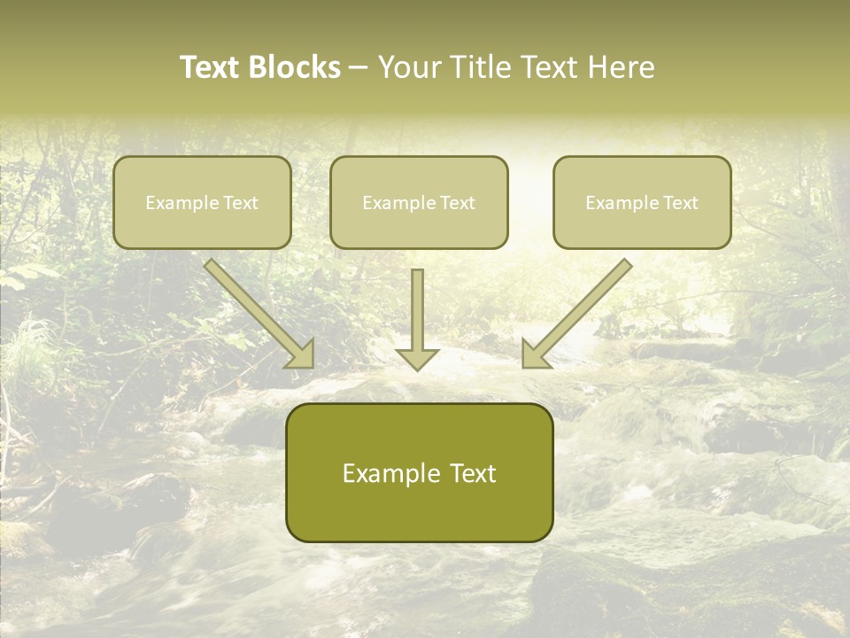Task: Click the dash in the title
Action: (359, 68)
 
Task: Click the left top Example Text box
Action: (202, 202)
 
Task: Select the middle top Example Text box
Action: (419, 202)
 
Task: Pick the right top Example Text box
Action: (642, 202)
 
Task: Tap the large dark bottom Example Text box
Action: (419, 472)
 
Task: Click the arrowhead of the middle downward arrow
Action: (417, 359)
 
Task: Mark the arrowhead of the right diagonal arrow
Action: (533, 355)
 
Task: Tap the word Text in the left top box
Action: (240, 203)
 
